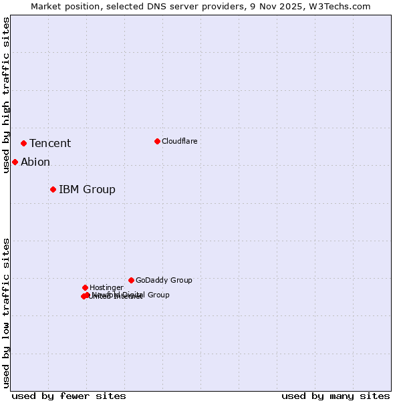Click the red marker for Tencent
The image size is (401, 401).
[23, 143]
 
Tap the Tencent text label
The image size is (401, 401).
[50, 144]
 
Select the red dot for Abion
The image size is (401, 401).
[15, 162]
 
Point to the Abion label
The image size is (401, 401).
[35, 162]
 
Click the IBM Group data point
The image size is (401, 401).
[53, 189]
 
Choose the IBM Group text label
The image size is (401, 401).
[87, 190]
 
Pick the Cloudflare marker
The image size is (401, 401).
[157, 141]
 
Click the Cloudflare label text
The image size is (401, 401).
[179, 142]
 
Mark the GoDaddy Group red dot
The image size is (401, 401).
[131, 280]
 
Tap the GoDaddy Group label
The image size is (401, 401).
[164, 281]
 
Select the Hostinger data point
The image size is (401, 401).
[85, 287]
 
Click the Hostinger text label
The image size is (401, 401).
[106, 288]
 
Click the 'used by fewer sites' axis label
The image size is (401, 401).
[69, 396]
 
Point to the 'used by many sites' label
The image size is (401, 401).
[336, 396]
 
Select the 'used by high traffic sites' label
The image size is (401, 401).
[6, 95]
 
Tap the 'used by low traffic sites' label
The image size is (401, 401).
[6, 313]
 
